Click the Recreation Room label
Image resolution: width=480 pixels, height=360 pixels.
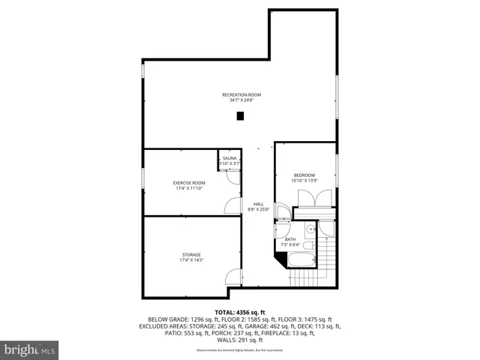[x=241, y=94]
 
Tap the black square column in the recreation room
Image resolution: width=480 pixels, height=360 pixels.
[x=240, y=116]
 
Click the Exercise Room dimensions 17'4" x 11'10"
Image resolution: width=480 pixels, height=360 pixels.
[x=189, y=188]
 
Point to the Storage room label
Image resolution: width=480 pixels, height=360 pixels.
[x=190, y=254]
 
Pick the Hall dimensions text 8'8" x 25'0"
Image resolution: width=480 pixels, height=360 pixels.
[x=258, y=210]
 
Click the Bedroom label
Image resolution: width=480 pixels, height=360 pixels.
[x=304, y=175]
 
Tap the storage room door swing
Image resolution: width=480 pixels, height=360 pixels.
[x=233, y=277]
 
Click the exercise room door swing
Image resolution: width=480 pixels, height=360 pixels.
[x=233, y=205]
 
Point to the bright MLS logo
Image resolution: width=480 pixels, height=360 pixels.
[x=30, y=349]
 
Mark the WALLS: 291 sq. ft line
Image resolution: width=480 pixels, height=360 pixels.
[x=240, y=340]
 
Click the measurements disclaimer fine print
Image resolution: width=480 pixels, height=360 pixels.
[x=240, y=350]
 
